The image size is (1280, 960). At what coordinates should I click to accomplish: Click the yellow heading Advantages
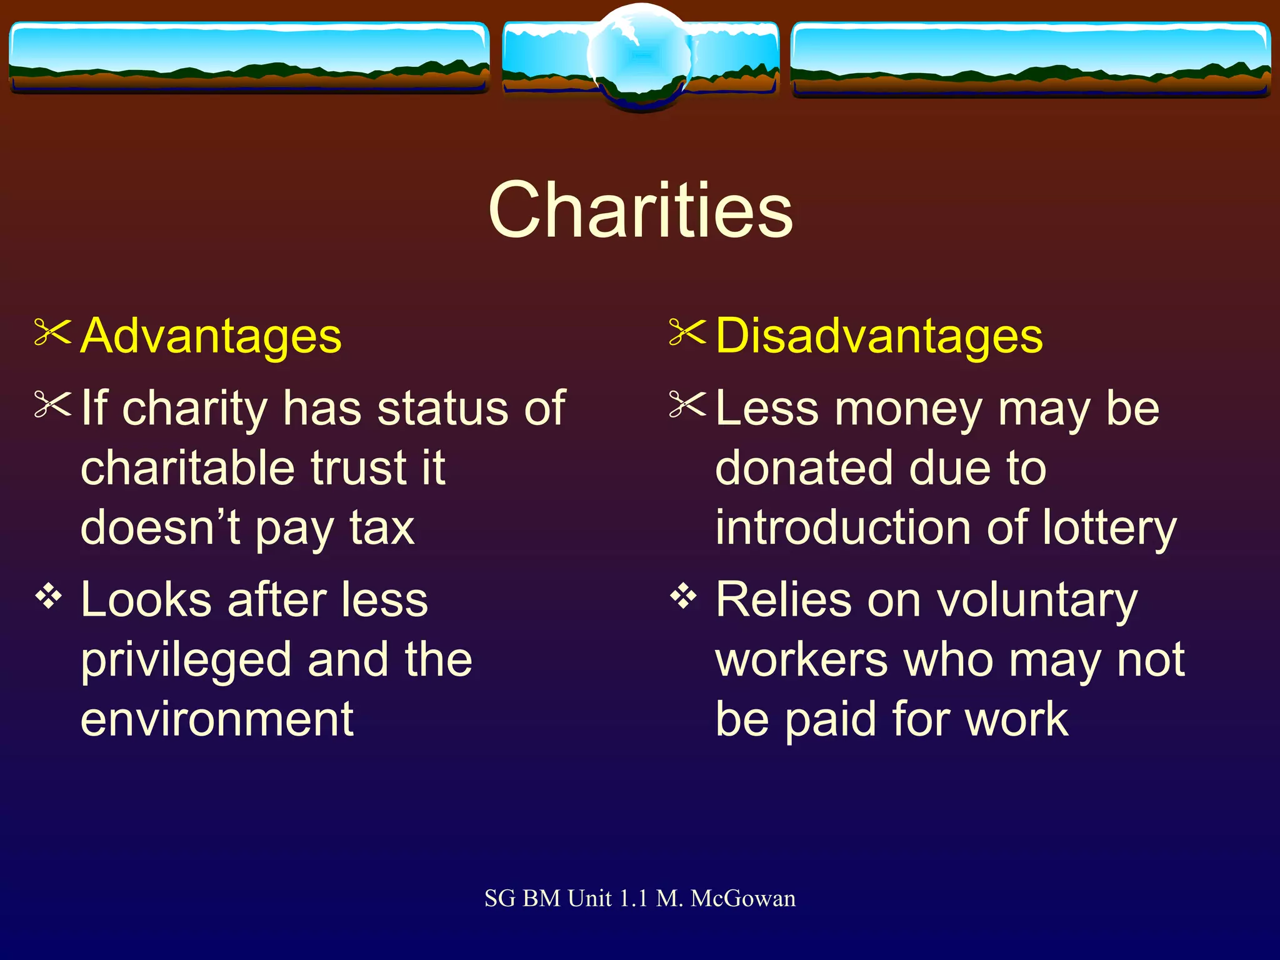[x=211, y=336]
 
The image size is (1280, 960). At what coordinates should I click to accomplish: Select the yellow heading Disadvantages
[x=879, y=336]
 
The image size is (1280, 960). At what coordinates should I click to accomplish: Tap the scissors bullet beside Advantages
[x=52, y=332]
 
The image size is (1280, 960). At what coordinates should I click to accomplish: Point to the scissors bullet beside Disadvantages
[x=687, y=332]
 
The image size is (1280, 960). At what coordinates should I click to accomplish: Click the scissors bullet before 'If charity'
[x=52, y=404]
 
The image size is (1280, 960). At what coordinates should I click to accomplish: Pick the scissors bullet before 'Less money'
[x=687, y=404]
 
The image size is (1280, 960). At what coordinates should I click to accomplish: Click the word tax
[x=382, y=528]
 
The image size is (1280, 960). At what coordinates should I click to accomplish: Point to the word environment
[x=217, y=719]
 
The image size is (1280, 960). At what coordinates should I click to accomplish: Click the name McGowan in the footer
[x=743, y=899]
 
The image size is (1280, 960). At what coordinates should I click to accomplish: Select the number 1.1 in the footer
[x=633, y=899]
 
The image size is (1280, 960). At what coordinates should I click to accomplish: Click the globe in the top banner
[x=640, y=56]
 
